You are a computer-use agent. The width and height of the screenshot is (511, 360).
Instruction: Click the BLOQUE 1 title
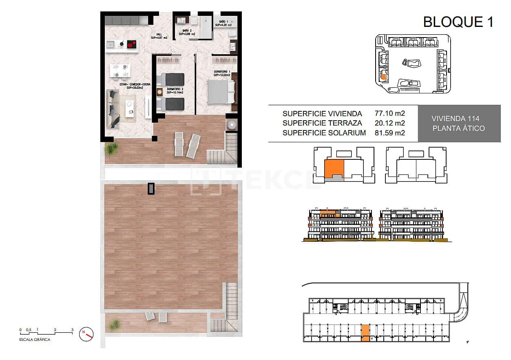458,22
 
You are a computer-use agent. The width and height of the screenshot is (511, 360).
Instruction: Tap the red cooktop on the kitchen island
131,44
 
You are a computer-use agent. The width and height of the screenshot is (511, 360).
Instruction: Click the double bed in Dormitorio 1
221,92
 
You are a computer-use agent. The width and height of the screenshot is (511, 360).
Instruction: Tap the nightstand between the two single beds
159,92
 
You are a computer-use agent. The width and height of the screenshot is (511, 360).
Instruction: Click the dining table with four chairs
120,71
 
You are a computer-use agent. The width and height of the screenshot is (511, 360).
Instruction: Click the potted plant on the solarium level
115,325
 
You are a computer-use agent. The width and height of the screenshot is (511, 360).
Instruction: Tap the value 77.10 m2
389,113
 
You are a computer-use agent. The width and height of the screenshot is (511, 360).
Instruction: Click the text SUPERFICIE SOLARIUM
324,133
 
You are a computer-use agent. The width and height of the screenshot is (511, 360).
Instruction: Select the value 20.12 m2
389,123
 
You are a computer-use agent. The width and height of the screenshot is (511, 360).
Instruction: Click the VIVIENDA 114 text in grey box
455,119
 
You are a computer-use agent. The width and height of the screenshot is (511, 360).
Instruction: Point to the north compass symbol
87,333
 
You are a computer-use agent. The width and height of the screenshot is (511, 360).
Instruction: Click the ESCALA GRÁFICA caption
35,339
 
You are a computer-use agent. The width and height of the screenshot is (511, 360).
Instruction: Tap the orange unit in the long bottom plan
365,332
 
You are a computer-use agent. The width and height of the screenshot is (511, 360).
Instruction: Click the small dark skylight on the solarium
151,189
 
